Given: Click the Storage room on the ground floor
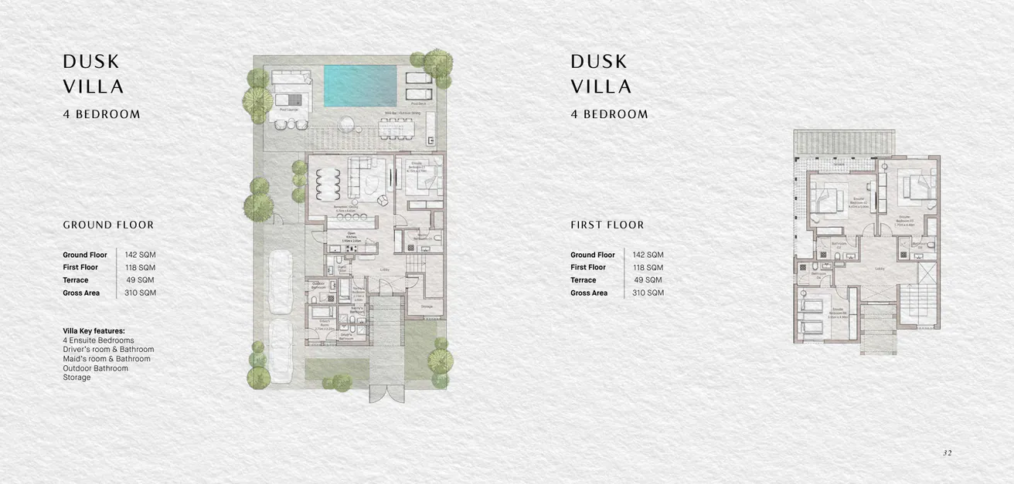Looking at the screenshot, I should click(427, 306).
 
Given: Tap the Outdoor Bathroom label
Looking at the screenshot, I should click(318, 286).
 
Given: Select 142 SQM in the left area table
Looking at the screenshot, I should click(141, 255).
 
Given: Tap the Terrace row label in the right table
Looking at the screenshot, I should click(584, 280).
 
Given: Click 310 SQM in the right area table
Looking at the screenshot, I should click(648, 293).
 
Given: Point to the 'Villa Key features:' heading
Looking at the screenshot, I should click(94, 331).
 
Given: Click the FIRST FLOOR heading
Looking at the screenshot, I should click(607, 225).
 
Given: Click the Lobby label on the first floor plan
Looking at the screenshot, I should click(880, 269).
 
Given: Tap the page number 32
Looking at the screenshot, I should click(947, 453).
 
